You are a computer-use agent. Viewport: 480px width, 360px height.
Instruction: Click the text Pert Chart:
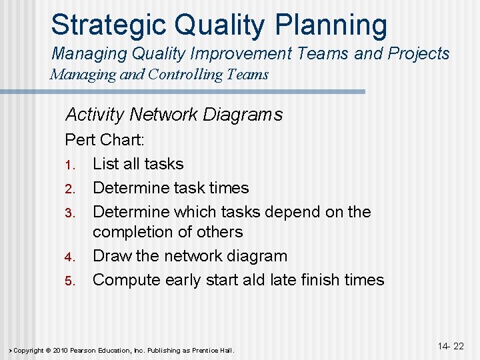(105, 141)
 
